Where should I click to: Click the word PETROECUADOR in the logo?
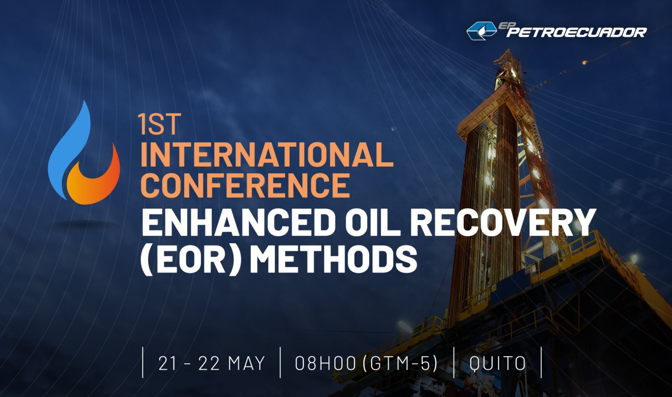point(577,32)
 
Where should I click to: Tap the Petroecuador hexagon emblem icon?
point(481,31)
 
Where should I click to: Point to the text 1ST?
point(159,124)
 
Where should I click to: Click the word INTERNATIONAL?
point(267,155)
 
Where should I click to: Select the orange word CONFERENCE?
point(245,185)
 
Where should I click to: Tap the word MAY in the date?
point(247,363)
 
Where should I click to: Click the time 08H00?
point(325,363)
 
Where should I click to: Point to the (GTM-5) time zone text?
point(400,363)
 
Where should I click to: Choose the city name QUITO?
point(498,363)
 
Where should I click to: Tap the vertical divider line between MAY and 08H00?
point(280,362)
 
